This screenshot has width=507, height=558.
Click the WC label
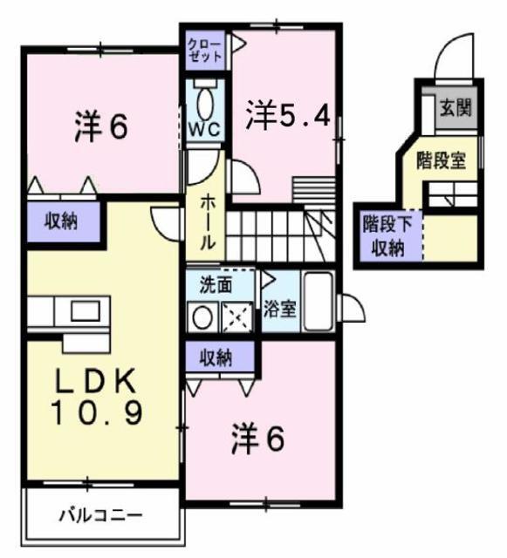click(x=204, y=127)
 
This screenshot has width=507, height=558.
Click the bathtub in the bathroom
click(x=316, y=303)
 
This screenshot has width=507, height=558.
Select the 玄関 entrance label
click(x=455, y=108)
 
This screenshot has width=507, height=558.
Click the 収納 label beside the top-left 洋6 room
click(x=61, y=220)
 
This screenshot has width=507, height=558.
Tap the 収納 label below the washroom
click(x=220, y=356)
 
